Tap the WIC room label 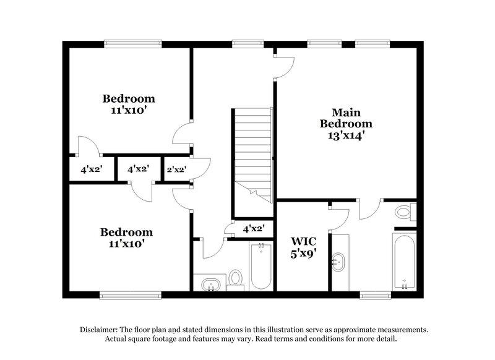pyautogui.click(x=304, y=241)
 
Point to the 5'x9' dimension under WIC pyautogui.click(x=304, y=253)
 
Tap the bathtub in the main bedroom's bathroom pyautogui.click(x=404, y=261)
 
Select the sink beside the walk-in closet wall pyautogui.click(x=338, y=262)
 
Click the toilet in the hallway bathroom pyautogui.click(x=235, y=278)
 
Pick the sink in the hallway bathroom pyautogui.click(x=210, y=284)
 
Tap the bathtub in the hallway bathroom pyautogui.click(x=260, y=266)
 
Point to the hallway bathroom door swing pyautogui.click(x=209, y=247)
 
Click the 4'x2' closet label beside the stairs pyautogui.click(x=254, y=229)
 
